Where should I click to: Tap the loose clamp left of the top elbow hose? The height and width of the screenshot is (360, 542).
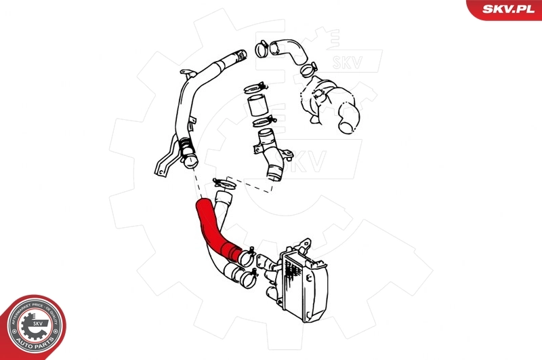[x=260, y=48]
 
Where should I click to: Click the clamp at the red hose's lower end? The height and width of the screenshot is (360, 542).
[x=245, y=256]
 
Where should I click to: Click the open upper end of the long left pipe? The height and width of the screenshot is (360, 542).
[x=241, y=54]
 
